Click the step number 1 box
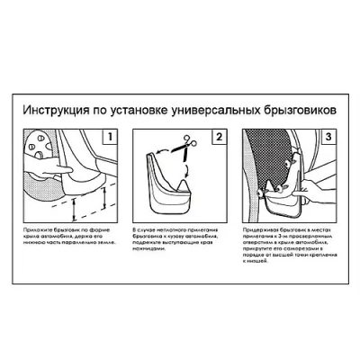[x=110, y=139]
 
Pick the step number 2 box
[x=219, y=139]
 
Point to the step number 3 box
[x=328, y=139]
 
